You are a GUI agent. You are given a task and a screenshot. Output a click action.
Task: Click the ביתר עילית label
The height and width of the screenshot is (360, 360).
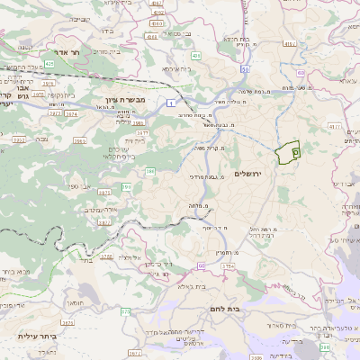point(37,337)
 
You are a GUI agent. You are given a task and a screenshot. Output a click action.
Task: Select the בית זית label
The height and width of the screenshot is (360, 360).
point(135,140)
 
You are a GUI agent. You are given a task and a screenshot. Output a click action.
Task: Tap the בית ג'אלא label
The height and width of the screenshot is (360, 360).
point(193,287)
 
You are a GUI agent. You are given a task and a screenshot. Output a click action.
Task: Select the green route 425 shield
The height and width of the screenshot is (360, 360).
point(50,64)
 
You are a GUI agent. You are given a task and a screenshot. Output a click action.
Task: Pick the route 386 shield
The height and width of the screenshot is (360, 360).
point(150,170)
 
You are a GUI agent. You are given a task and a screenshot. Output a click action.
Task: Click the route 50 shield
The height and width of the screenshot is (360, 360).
point(245,68)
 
